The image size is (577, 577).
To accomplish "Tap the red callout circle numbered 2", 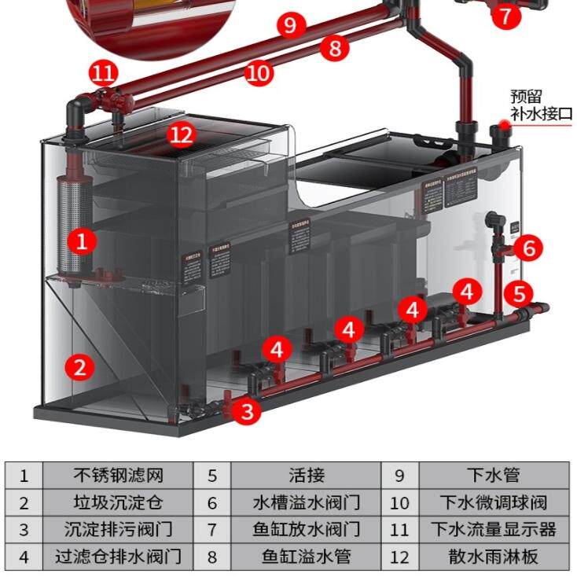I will [80, 366].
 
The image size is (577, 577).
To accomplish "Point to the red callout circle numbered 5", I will [518, 294].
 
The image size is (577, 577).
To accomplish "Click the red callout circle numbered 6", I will [528, 248].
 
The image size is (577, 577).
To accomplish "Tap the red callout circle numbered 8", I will [335, 49].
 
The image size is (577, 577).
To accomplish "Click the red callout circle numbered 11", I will [103, 75].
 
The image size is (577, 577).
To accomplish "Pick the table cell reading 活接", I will [306, 476].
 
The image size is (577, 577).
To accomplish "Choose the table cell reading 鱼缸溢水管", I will [306, 557].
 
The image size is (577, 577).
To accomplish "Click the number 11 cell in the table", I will [400, 530].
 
